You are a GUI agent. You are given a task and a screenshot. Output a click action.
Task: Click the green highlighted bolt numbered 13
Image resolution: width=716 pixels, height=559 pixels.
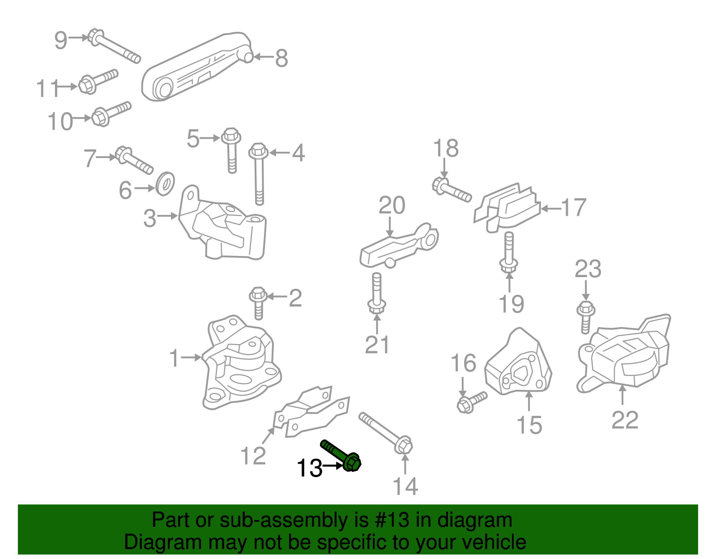pyautogui.click(x=342, y=455)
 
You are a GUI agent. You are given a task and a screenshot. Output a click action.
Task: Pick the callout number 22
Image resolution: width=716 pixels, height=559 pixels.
pyautogui.click(x=625, y=420)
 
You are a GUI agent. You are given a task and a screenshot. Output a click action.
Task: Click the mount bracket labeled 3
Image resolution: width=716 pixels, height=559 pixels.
pyautogui.click(x=224, y=230)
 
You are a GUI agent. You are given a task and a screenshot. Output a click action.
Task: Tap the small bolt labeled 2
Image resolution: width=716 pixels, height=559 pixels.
pyautogui.click(x=258, y=303)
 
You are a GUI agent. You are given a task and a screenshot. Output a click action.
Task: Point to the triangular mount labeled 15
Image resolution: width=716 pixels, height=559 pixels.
pyautogui.click(x=519, y=365)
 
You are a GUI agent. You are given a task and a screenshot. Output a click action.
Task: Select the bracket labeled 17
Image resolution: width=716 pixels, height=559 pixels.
pyautogui.click(x=508, y=208)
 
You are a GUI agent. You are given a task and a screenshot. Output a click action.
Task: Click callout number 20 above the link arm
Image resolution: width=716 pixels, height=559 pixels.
pyautogui.click(x=392, y=206)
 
